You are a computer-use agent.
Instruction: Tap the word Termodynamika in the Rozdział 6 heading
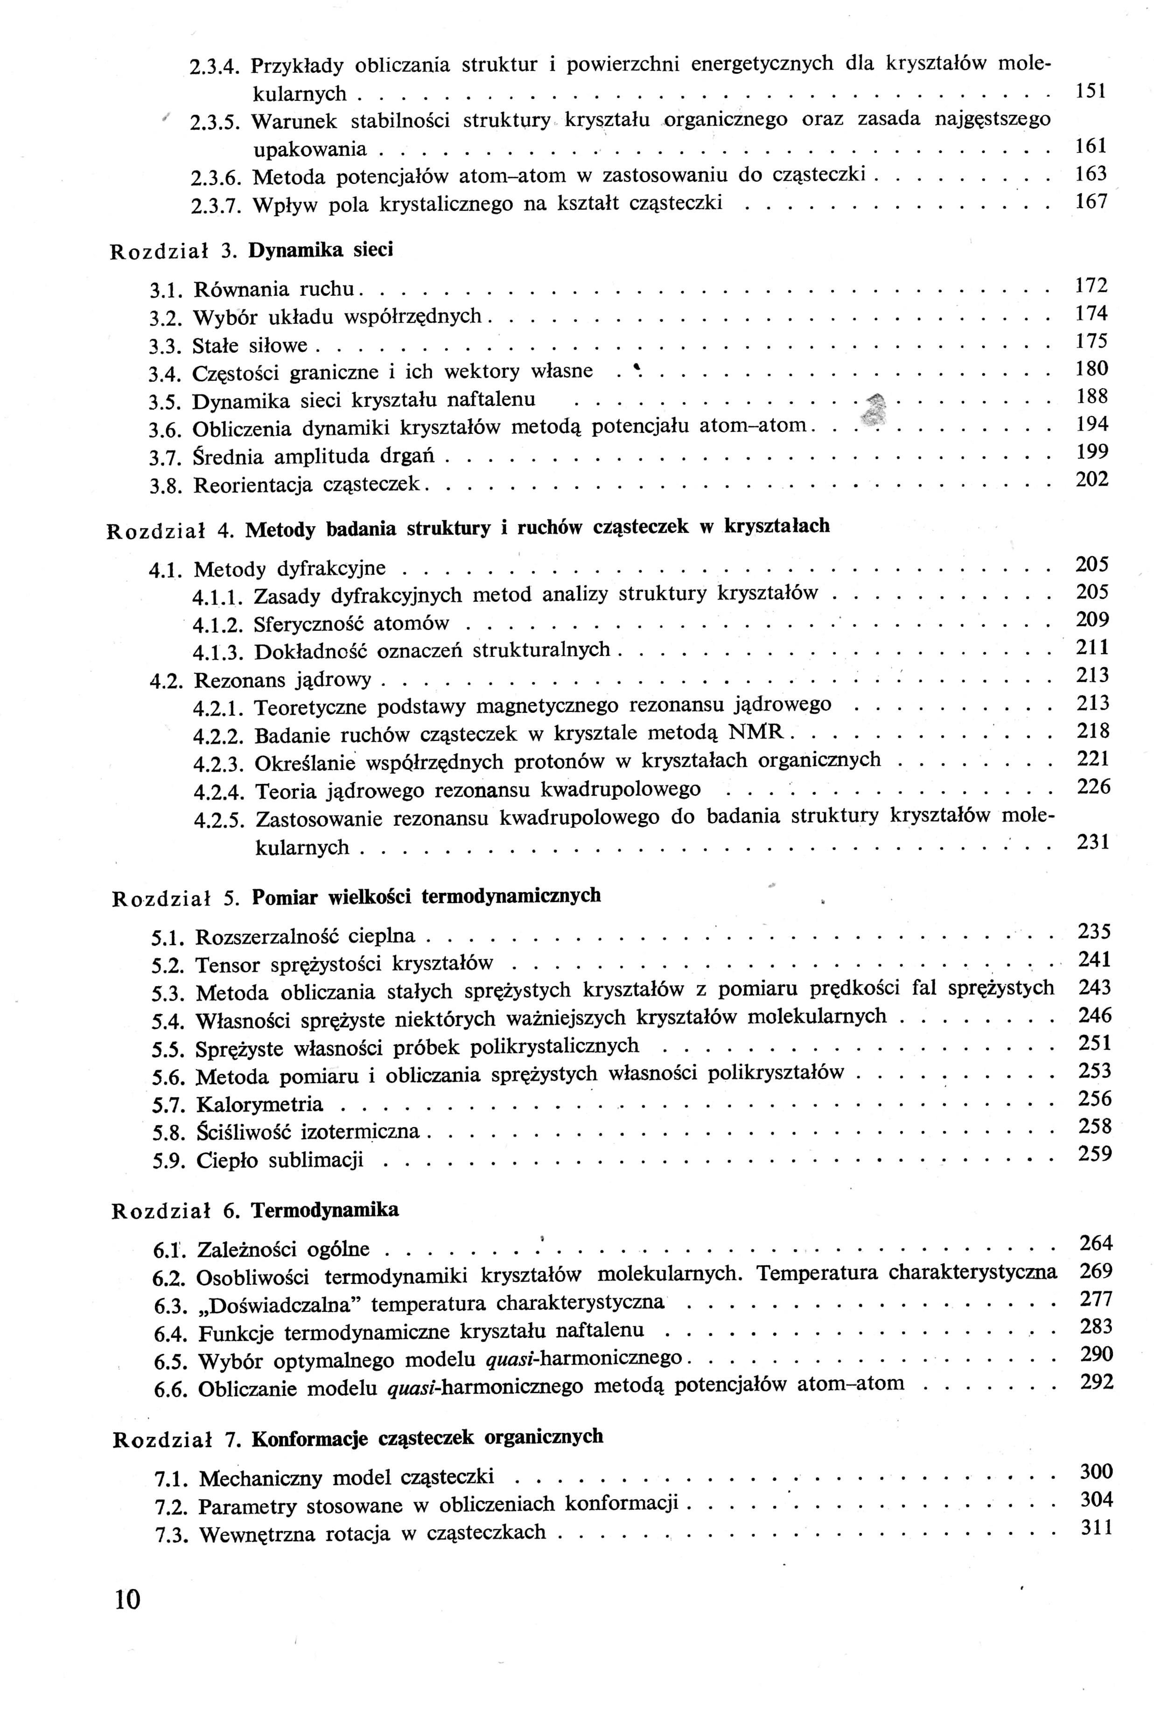(x=325, y=1210)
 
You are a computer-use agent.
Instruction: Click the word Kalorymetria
(x=260, y=1105)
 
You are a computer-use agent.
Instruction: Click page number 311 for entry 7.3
(x=1096, y=1528)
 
